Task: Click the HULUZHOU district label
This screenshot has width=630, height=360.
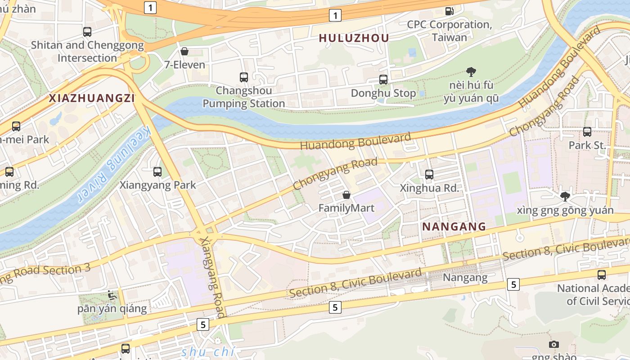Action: pos(354,38)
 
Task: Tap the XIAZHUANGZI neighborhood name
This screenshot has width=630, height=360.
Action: pos(92,99)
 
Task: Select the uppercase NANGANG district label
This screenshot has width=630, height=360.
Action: pos(454,226)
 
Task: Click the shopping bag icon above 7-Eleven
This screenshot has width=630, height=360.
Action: pos(184,51)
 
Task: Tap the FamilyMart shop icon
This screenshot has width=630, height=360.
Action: pos(346,195)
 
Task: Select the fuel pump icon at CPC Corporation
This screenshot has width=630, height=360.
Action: pos(449,11)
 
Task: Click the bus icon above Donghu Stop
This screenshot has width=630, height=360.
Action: pos(383,80)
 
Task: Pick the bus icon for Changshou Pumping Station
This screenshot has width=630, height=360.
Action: pos(244,77)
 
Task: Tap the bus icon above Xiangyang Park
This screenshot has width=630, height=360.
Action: pos(157,171)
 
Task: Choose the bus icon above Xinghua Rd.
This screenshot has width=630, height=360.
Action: pos(429,174)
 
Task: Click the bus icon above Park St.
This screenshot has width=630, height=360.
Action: pos(587,132)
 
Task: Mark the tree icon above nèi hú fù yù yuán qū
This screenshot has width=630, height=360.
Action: pos(471,72)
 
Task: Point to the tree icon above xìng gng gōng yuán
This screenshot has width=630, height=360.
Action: pos(565,196)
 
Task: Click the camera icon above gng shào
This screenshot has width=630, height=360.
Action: pos(554,344)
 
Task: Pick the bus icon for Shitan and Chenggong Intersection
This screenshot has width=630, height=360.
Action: pos(87,32)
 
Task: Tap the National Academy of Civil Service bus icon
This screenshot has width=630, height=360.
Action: pos(602,275)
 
